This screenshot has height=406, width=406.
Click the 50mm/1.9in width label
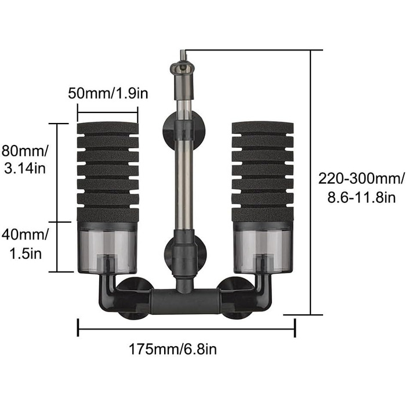pos(108,93)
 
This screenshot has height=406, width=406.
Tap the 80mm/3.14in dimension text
pos(25,159)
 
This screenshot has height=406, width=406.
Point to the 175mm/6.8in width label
pos(173,349)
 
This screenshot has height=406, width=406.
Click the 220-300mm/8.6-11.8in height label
pos(361,188)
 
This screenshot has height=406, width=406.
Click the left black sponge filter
pos(108,172)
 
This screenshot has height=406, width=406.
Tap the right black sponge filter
pos(263,172)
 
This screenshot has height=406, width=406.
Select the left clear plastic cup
pos(107,248)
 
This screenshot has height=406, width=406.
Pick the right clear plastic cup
pos(263,248)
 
